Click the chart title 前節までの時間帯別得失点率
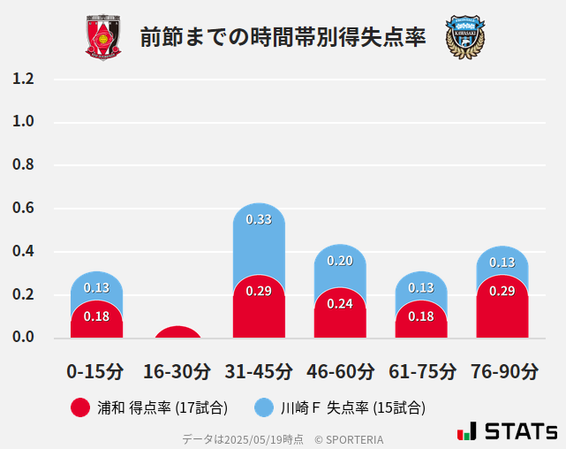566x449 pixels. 283,37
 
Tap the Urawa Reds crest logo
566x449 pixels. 103,37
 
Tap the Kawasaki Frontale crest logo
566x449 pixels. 464,37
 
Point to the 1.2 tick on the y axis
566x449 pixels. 23,79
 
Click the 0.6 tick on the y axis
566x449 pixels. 23,209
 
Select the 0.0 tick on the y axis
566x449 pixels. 23,338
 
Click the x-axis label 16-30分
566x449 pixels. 177,371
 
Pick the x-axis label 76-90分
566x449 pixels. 502,371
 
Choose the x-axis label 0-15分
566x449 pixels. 96,371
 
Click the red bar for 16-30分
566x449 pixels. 177,333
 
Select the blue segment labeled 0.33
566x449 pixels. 259,239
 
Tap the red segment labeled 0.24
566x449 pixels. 340,314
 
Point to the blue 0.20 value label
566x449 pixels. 340,261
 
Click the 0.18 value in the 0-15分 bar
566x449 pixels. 96,316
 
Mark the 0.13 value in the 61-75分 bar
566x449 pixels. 421,287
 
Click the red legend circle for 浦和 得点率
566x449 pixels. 79,407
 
